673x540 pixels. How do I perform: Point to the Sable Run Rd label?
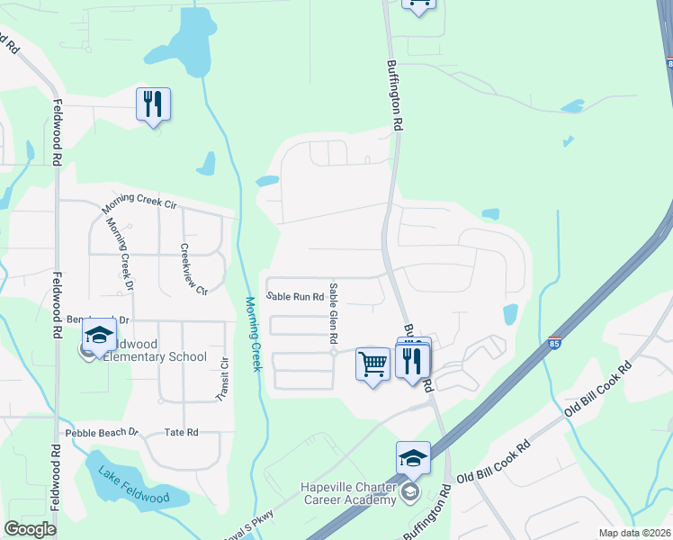(x=294, y=296)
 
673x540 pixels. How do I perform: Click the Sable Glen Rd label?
(x=333, y=313)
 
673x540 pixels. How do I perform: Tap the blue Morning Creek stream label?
(x=254, y=334)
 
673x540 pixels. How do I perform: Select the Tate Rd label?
(x=181, y=433)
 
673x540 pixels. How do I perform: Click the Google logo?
(x=30, y=529)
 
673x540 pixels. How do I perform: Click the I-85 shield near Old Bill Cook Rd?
(x=555, y=343)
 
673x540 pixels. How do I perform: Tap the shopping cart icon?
(x=372, y=364)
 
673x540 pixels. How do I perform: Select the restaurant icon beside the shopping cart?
(x=413, y=360)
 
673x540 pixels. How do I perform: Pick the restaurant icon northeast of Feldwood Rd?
(x=153, y=104)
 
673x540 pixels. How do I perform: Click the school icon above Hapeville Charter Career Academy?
(x=413, y=457)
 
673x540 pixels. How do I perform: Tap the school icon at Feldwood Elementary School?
(x=98, y=337)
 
